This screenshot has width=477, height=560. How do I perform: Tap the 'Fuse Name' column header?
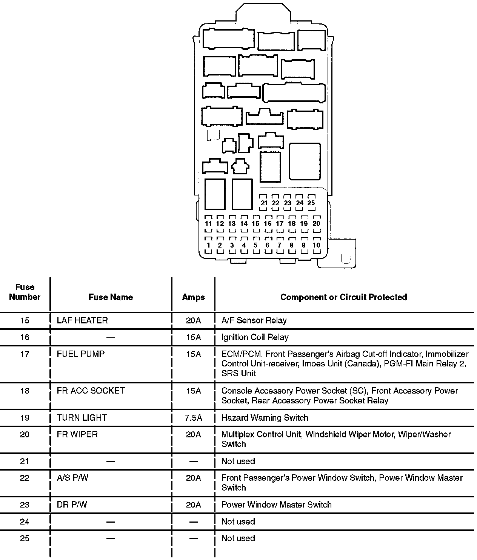pos(111,297)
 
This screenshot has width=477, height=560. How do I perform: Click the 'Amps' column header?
pos(193,297)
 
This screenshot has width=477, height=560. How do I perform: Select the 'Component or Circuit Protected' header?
pos(343,297)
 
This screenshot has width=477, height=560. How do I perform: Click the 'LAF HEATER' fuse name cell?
pos(82,320)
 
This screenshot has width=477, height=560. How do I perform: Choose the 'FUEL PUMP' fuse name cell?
pos(81,354)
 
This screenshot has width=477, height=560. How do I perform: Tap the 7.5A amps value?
pos(193,418)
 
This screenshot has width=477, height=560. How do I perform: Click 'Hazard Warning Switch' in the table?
pos(265,418)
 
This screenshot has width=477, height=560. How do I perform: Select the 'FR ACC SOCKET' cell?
pos(91,391)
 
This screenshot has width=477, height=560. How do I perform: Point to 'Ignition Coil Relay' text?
pos(255,337)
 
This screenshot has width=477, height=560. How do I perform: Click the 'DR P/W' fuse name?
pos(72,505)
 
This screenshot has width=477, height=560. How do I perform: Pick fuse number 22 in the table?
pos(25,478)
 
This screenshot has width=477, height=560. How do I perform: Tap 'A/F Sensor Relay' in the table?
pos(254,320)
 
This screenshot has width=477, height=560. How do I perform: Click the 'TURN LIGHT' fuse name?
pos(82,418)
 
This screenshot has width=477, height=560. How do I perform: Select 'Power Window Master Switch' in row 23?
pos(276,505)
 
